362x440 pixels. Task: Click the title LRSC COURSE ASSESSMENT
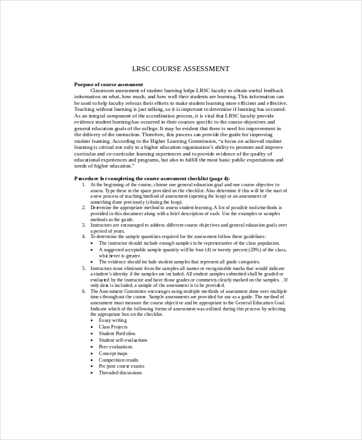pos(181,69)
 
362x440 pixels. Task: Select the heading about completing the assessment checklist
pos(151,178)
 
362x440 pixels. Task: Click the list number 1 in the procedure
pos(83,184)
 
